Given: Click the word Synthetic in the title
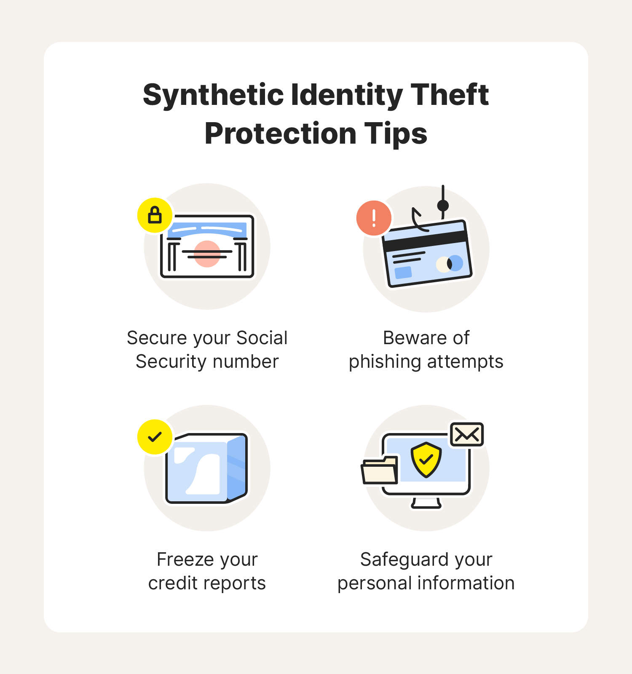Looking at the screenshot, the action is tap(213, 96).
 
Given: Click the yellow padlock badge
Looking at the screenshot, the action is tap(155, 215).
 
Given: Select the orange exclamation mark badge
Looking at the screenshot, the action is tap(374, 218).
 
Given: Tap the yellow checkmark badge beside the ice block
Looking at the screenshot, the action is tap(155, 437).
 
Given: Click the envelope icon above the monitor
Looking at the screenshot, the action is tap(467, 434).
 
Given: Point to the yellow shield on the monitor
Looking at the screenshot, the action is tap(426, 460).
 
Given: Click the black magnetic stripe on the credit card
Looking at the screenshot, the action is tap(425, 239).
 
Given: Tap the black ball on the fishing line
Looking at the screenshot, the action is tap(443, 206).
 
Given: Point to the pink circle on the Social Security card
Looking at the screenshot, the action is tap(207, 254).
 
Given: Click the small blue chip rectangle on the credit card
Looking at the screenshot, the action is tap(403, 273).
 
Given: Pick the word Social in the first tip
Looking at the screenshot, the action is tap(262, 338).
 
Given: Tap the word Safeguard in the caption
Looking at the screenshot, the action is tap(404, 560).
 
